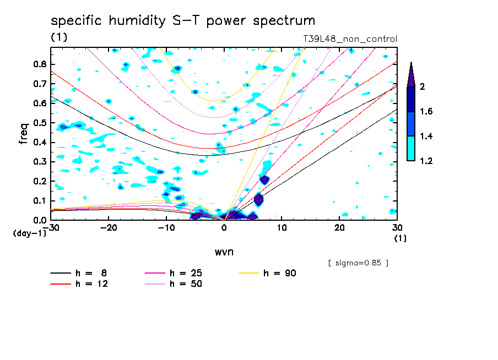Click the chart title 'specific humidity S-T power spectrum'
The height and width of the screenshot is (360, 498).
183,21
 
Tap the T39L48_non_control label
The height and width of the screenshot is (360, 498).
350,39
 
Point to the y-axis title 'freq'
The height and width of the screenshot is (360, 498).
24,133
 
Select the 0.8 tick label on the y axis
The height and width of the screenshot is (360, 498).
39,64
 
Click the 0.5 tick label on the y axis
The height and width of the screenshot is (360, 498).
39,123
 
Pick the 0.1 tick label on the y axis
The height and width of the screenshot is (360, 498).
39,201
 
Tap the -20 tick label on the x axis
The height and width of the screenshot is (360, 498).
109,228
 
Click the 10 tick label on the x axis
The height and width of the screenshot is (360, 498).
282,228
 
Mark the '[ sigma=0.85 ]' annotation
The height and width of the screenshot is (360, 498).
358,263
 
